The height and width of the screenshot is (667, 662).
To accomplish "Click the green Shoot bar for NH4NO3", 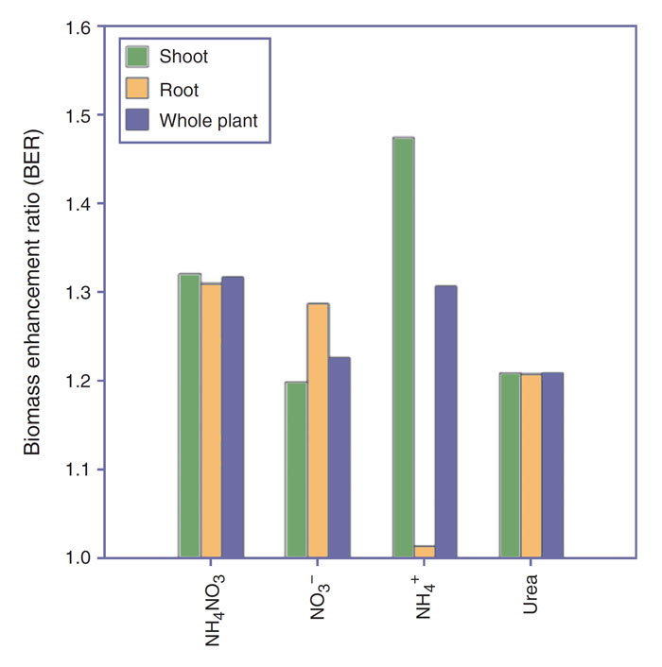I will tap(189, 416).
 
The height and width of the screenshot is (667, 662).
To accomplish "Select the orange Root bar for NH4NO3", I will tap(210, 420).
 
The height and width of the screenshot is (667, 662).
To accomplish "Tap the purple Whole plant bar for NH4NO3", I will tap(232, 418).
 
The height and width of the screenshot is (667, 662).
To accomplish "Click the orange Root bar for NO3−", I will tap(317, 431).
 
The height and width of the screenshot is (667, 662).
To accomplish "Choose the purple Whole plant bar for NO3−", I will tap(339, 457).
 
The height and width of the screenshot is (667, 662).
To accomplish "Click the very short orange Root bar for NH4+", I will tap(425, 552).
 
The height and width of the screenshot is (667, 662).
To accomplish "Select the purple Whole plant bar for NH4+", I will tap(445, 421).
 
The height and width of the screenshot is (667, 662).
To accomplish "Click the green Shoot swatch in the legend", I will tap(138, 57).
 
